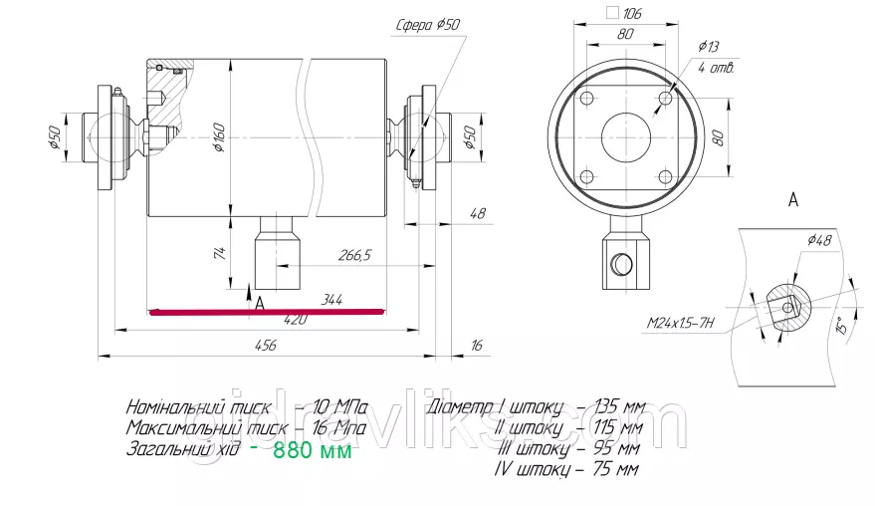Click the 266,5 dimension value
point(354,256)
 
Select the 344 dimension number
point(333,299)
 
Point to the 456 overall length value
point(265,345)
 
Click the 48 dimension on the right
point(477,213)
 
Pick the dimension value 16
point(476,345)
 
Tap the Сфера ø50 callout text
point(429,26)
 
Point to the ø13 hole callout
point(710,46)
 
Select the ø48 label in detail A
point(819,239)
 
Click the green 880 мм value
point(312,450)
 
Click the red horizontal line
point(265,311)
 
